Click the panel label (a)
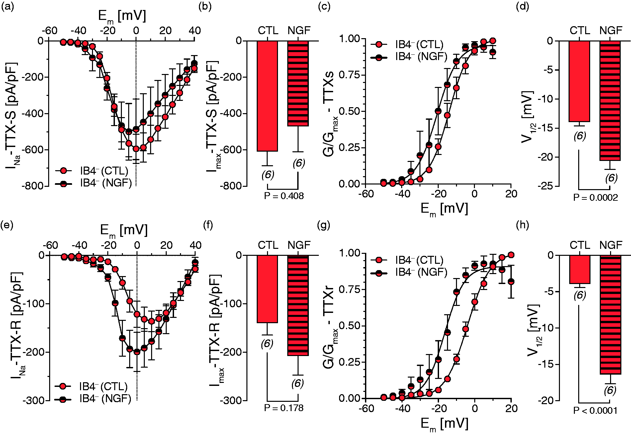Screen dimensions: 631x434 pyautogui.click(x=8, y=7)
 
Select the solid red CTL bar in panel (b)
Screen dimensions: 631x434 pyautogui.click(x=267, y=96)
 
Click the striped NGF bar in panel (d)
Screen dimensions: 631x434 pyautogui.click(x=610, y=101)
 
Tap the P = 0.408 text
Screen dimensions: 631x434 pyautogui.click(x=284, y=196)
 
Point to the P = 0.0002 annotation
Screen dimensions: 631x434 pyautogui.click(x=595, y=198)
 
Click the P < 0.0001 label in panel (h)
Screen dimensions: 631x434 pyautogui.click(x=595, y=411)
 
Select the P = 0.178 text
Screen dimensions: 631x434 pyautogui.click(x=284, y=408)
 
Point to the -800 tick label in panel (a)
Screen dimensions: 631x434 pyautogui.click(x=33, y=186)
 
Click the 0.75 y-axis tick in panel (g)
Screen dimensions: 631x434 pyautogui.click(x=349, y=289)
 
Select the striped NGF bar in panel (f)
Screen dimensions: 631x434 pyautogui.click(x=298, y=305)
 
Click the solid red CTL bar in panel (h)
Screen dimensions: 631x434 pyautogui.click(x=580, y=269)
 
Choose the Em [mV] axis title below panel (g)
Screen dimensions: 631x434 pyautogui.click(x=444, y=425)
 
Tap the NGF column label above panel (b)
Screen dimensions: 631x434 pyautogui.click(x=299, y=31)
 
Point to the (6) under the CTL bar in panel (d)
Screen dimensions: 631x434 pyautogui.click(x=580, y=136)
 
